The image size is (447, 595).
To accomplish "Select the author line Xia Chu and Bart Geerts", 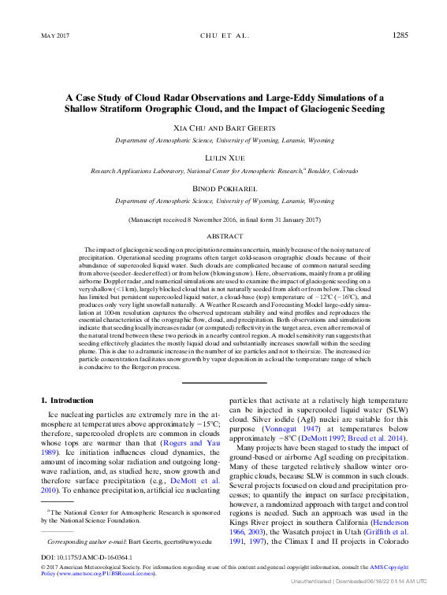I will (223, 128).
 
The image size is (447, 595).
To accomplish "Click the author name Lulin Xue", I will (223, 157).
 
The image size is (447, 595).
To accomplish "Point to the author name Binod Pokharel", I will (223, 188).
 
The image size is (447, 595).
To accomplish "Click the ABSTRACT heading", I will (224, 235).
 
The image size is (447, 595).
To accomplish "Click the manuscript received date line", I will (223, 220).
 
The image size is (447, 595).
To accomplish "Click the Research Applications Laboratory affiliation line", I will (223, 170).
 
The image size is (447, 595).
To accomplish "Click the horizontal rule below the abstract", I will (224, 382).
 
